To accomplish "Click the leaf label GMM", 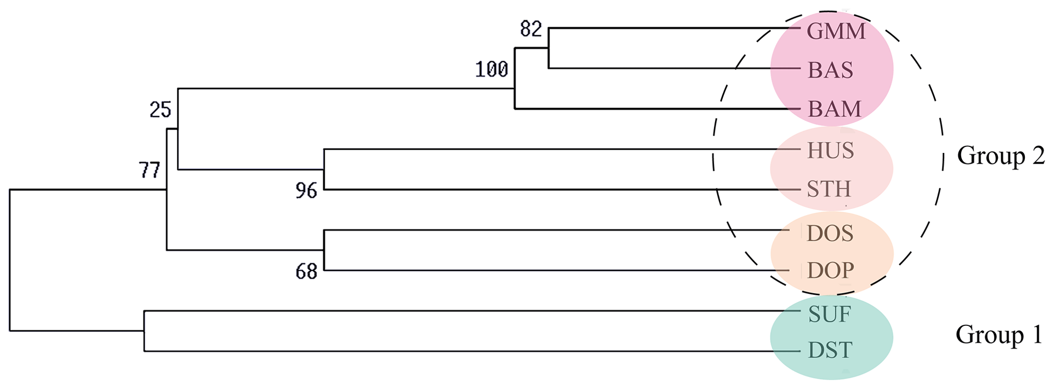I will pyautogui.click(x=836, y=32).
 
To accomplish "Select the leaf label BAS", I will pyautogui.click(x=830, y=70).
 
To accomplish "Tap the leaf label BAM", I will pyautogui.click(x=834, y=109).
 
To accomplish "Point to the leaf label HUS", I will pyautogui.click(x=831, y=151).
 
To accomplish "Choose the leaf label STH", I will pyautogui.click(x=829, y=189).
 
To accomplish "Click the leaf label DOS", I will pyautogui.click(x=830, y=234).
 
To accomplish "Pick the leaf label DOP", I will pyautogui.click(x=831, y=271).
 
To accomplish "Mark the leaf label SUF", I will pyautogui.click(x=830, y=315).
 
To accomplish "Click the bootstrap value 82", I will pyautogui.click(x=531, y=29).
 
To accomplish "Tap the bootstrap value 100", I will pyautogui.click(x=492, y=69).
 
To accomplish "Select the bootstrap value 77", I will pyautogui.click(x=149, y=170).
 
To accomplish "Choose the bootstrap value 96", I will pyautogui.click(x=306, y=191).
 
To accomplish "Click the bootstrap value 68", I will pyautogui.click(x=306, y=272).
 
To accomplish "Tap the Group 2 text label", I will pyautogui.click(x=1000, y=156).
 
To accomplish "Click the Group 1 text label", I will pyautogui.click(x=999, y=335).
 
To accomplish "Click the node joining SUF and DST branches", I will pyautogui.click(x=144, y=331).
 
